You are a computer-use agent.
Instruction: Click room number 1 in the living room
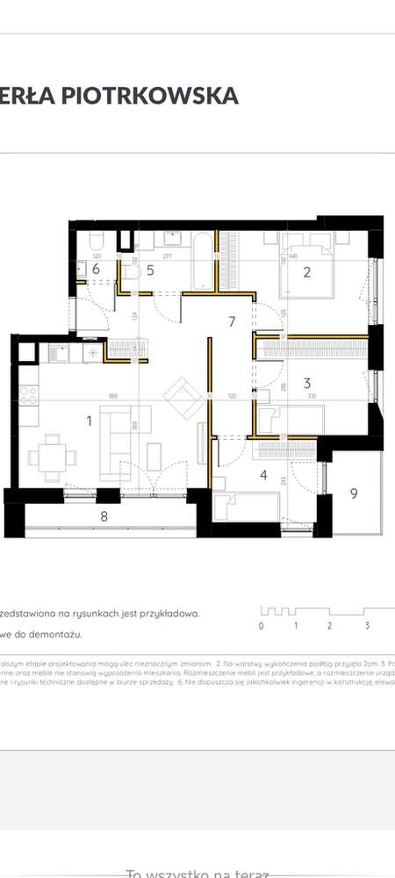[89, 421]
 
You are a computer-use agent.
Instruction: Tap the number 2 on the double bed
[307, 272]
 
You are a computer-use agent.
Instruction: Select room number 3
[307, 383]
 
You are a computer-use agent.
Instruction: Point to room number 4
[263, 477]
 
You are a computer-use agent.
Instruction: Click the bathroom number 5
[150, 270]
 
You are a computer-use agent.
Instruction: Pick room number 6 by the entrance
[96, 270]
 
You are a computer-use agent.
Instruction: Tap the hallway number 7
[232, 321]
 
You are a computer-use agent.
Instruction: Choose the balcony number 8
[104, 517]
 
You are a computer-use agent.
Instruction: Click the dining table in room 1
[51, 457]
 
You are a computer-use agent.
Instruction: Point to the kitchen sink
[59, 354]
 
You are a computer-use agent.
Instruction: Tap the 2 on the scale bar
[329, 626]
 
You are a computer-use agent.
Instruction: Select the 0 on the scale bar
[261, 626]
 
